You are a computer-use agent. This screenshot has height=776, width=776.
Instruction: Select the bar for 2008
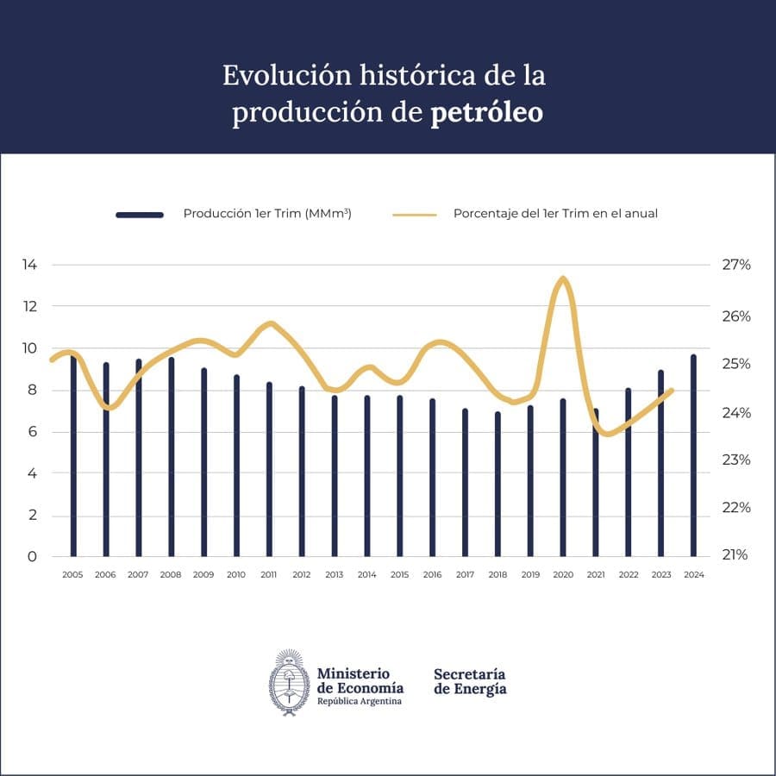coord(171,457)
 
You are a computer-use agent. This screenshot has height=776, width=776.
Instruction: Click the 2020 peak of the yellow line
coord(563,278)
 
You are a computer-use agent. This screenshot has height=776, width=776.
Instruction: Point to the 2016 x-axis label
coord(433,575)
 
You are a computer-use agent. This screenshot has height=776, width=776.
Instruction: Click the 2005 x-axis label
coord(72,575)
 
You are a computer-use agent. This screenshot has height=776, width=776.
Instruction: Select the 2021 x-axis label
coord(596,575)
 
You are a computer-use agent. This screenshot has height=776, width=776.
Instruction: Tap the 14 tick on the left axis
coord(29,265)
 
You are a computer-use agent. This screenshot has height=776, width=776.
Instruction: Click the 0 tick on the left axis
coord(32,556)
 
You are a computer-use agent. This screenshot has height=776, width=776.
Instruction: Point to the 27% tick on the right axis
coord(735,265)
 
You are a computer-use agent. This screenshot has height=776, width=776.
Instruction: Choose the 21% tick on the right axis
coord(735,555)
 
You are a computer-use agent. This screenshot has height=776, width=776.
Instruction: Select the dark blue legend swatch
coord(140,214)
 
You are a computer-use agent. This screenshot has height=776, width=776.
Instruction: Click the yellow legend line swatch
coord(415,214)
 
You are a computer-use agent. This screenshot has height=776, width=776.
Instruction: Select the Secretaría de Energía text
coord(470,681)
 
